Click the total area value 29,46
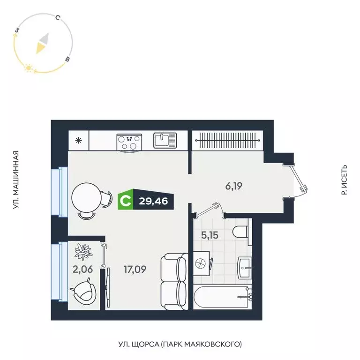(x=154, y=202)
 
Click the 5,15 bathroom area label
(x=209, y=235)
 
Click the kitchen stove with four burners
(x=129, y=141)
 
